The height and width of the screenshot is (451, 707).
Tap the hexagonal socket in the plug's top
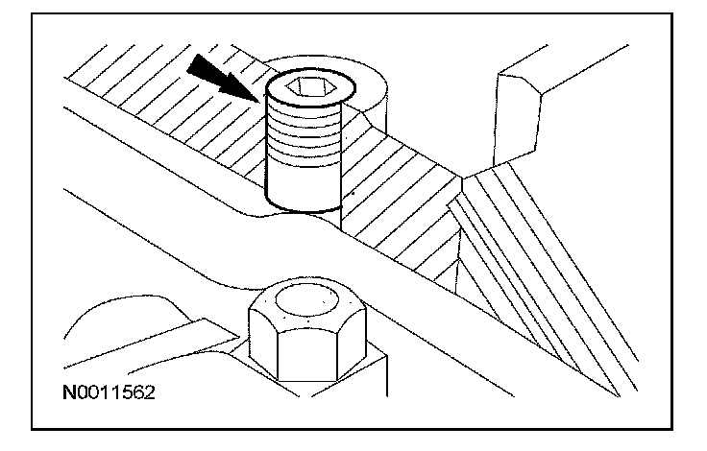click(x=309, y=89)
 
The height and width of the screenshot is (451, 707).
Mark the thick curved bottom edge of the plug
click(x=304, y=208)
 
